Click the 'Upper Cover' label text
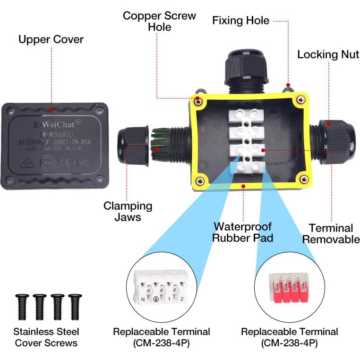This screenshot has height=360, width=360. click(x=51, y=39)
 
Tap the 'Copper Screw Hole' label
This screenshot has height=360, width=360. click(x=159, y=21)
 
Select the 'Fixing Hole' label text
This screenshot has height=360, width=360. click(x=240, y=21)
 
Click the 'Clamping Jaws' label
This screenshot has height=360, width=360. click(x=128, y=211)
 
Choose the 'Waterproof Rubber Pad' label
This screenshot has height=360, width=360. click(x=242, y=232)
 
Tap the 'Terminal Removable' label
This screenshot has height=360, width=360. click(x=331, y=233)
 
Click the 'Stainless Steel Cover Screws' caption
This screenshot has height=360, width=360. click(x=46, y=337)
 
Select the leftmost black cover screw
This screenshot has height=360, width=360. click(x=22, y=305)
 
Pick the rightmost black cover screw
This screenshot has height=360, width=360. click(x=75, y=305)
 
